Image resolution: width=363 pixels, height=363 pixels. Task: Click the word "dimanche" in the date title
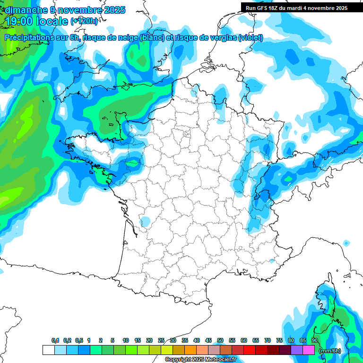24,10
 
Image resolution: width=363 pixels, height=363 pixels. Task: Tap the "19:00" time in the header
19,21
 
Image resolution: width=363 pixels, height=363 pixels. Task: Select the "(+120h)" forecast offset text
84,21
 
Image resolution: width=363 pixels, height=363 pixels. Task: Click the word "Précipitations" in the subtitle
29,38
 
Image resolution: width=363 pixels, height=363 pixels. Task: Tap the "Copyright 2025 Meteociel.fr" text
200,360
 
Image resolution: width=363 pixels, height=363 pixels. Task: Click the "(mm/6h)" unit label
330,351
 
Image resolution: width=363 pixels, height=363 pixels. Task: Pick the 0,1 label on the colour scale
55,340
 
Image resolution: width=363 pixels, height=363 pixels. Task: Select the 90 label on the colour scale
315,340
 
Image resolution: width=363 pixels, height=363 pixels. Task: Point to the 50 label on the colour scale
220,340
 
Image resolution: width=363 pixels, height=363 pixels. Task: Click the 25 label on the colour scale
161,340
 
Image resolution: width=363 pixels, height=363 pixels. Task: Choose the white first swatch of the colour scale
48,350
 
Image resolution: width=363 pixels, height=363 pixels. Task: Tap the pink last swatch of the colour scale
309,350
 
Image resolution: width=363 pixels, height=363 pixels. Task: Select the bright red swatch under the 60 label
250,350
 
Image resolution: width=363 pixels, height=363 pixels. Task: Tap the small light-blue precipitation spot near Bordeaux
146,221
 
